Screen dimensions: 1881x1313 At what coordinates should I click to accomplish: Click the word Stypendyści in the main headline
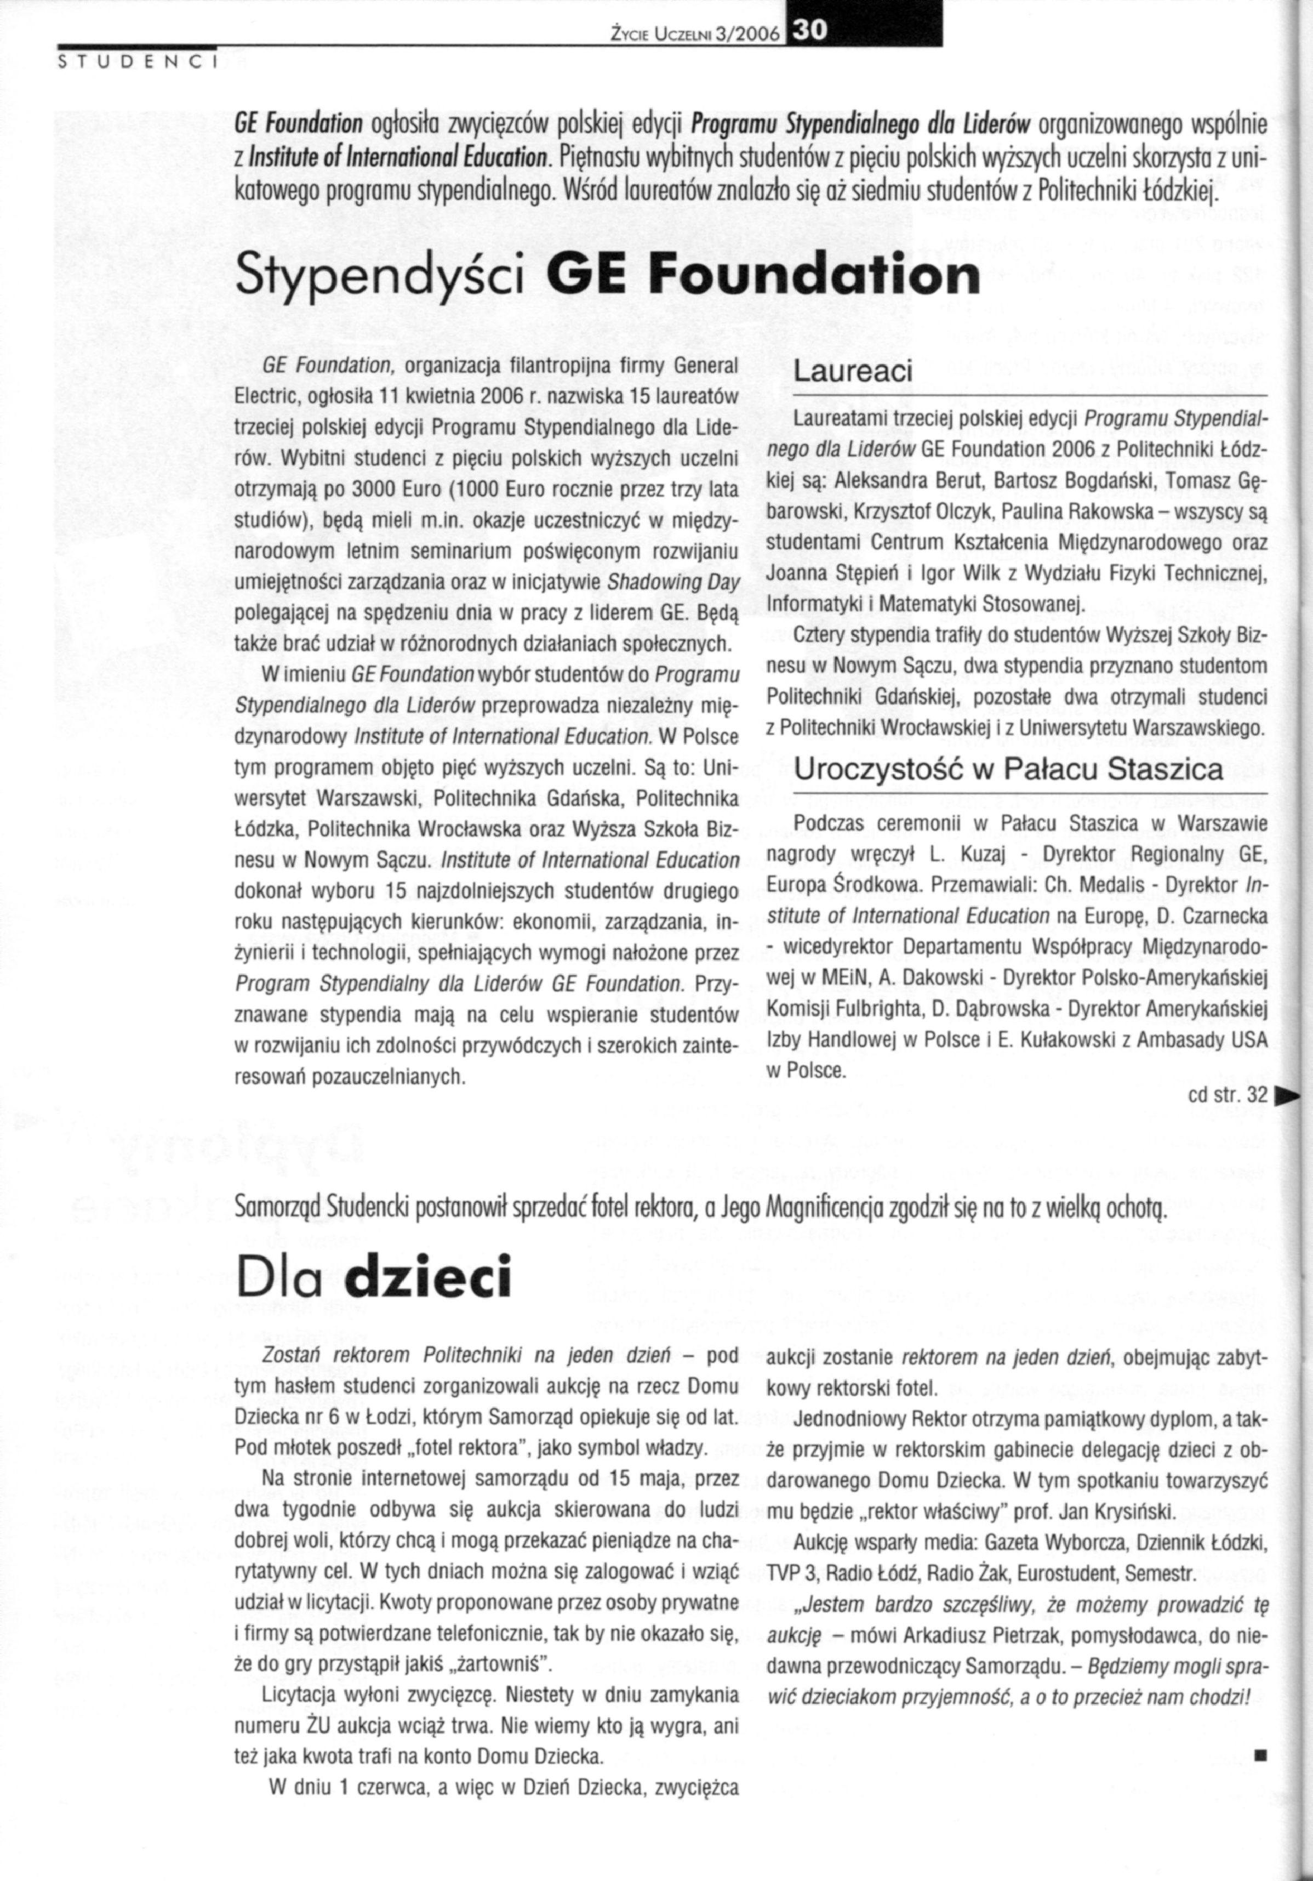click(378, 276)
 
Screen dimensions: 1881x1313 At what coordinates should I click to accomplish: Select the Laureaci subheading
click(853, 371)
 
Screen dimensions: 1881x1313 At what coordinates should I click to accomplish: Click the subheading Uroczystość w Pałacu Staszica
click(1008, 769)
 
